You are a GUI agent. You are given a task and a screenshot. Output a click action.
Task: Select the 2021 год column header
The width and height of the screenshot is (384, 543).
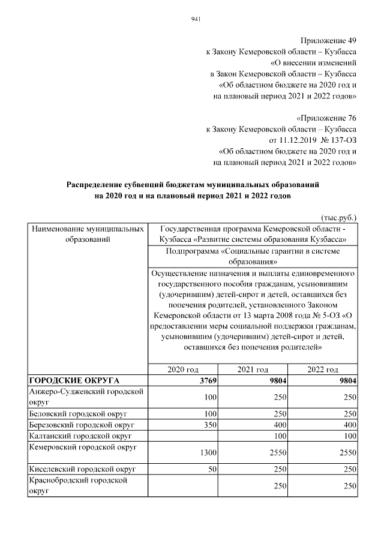click(x=253, y=370)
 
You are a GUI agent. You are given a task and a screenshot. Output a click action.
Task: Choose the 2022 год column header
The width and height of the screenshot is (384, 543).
click(x=323, y=370)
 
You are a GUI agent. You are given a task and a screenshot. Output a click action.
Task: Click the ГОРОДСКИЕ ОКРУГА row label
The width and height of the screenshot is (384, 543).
click(x=74, y=380)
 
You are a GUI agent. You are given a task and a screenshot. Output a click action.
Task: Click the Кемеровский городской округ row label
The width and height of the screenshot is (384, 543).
click(x=83, y=447)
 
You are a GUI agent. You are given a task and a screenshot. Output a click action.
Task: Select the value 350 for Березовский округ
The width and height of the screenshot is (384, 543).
click(x=209, y=424)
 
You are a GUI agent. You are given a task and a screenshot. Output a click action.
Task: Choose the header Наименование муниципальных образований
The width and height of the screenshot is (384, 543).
click(x=87, y=235)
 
